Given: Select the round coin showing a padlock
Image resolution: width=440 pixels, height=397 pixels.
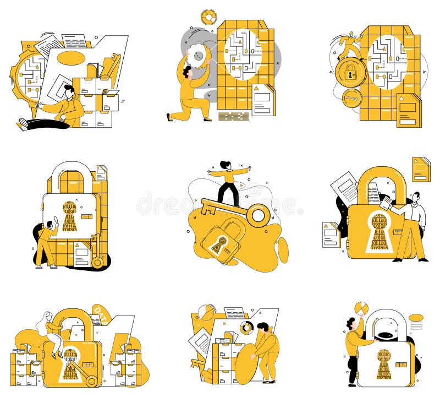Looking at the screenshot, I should [x=350, y=71].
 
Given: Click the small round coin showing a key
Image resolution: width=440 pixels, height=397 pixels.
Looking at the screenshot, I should [x=351, y=99].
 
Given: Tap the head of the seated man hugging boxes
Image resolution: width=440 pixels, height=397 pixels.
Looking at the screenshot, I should [x=69, y=91].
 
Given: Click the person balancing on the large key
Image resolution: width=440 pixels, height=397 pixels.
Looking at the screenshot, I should [x=228, y=181].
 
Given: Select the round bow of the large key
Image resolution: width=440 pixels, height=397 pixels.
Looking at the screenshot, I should [x=258, y=215].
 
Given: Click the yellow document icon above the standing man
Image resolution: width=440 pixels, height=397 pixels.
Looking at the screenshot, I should [x=421, y=169].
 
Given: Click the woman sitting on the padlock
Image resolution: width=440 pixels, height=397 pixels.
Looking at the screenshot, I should [x=52, y=333].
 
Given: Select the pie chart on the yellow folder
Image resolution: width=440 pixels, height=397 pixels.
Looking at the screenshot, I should [x=206, y=312].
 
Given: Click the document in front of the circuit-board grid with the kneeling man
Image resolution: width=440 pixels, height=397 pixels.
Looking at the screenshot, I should [x=263, y=100].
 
